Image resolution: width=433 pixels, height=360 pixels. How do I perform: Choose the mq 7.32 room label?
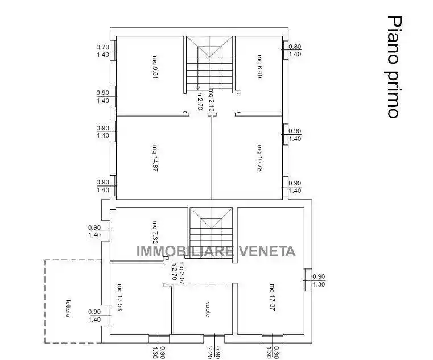coord(154,232)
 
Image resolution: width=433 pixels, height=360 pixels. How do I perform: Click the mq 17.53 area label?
coord(119,297)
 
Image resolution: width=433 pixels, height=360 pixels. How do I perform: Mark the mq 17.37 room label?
coord(272,296)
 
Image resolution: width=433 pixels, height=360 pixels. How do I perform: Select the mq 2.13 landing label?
coord(211,100)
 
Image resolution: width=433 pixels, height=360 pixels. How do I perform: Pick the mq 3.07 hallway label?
coord(181,271)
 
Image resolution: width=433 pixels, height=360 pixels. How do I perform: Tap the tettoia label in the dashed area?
coord(67,307)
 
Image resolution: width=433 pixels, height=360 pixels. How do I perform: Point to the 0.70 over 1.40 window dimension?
coord(103,51)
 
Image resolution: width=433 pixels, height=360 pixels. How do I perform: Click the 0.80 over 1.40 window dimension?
coord(295,51)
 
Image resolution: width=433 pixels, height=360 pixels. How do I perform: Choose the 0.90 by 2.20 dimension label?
coord(214,352)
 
